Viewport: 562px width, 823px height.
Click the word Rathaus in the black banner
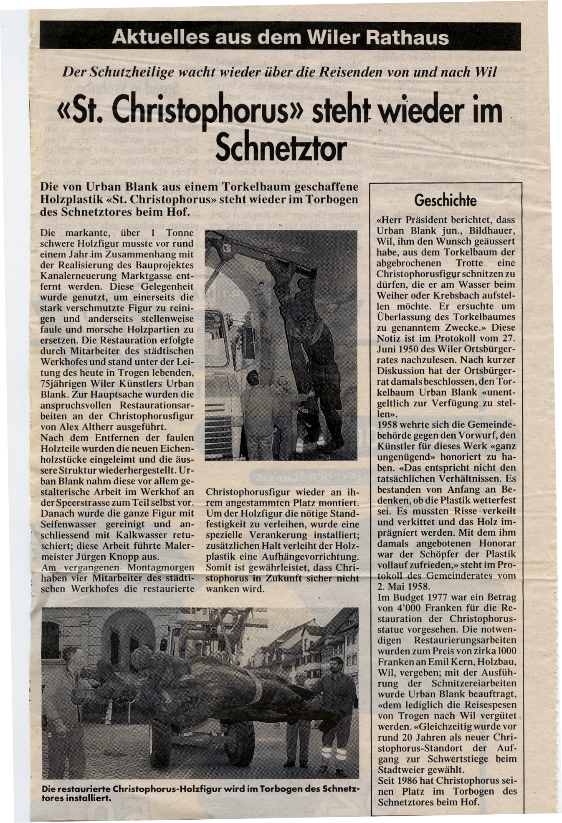407,38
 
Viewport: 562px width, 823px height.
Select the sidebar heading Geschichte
446,201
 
